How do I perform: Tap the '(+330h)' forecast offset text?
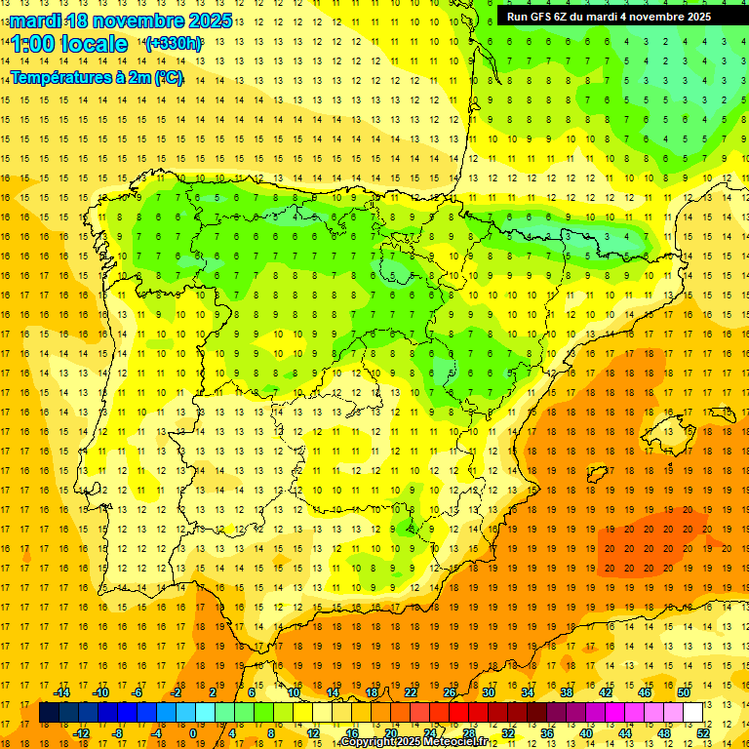[x=173, y=44]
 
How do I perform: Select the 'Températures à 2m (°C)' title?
[x=97, y=78]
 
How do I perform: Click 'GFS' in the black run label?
[x=541, y=17]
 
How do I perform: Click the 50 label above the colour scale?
[x=684, y=692]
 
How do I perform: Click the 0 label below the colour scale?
[x=192, y=733]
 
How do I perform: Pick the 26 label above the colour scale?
[x=450, y=692]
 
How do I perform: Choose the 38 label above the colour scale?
[x=567, y=692]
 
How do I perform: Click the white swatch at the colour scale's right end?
[x=692, y=713]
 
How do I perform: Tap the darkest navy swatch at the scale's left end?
[x=49, y=713]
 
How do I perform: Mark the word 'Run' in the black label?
[x=517, y=17]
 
